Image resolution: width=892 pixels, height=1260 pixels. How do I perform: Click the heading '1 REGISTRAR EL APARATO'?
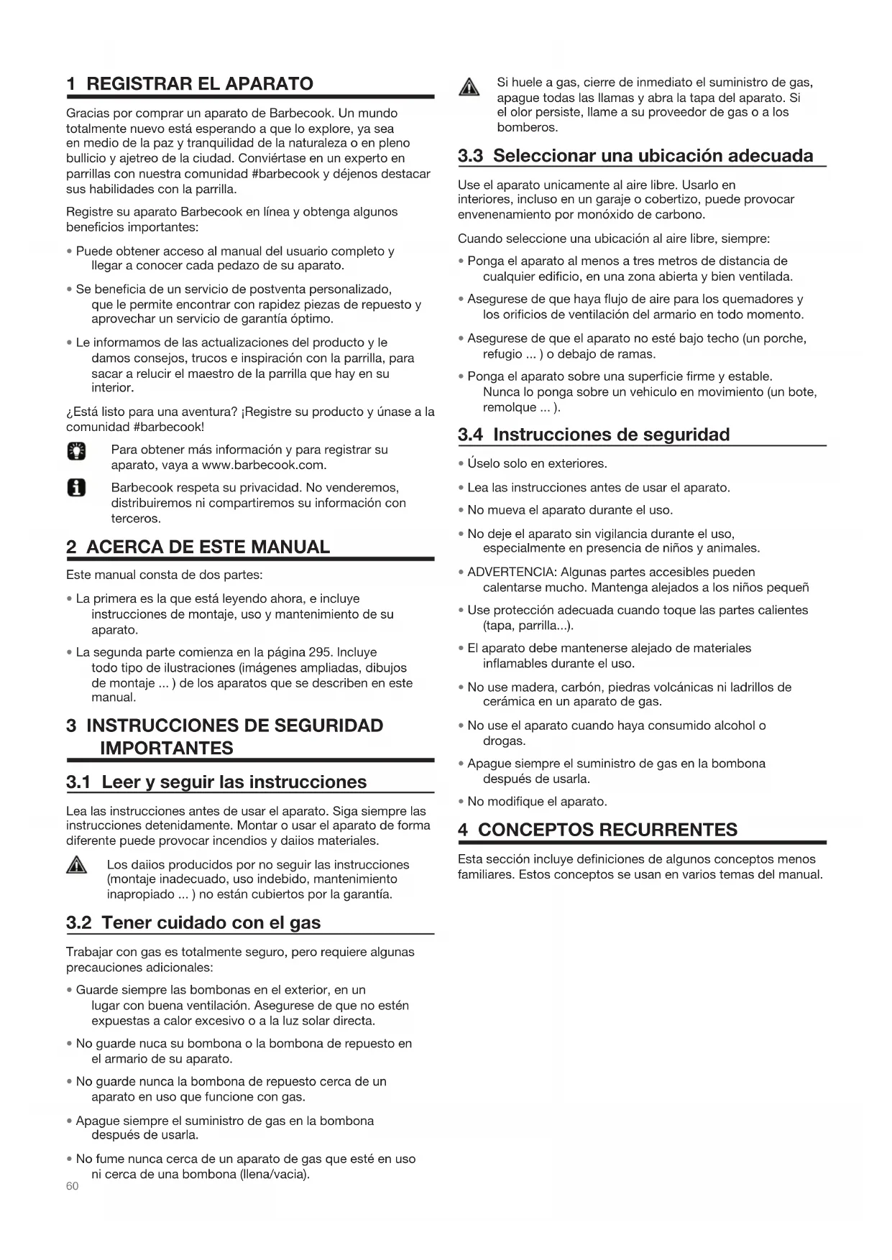(x=190, y=83)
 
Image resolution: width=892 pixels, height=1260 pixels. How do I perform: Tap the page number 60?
(x=72, y=1186)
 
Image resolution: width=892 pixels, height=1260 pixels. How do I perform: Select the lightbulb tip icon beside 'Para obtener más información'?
(x=76, y=450)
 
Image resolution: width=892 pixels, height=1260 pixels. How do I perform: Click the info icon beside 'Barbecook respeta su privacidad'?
(x=76, y=489)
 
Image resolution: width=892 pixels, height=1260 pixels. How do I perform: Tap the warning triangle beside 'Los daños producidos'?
(x=77, y=866)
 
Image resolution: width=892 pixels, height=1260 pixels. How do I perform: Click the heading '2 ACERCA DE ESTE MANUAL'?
(x=198, y=547)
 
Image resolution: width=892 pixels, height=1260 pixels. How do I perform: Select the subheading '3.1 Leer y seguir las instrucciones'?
(x=216, y=782)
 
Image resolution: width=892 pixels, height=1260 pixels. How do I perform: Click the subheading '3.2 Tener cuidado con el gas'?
(x=193, y=922)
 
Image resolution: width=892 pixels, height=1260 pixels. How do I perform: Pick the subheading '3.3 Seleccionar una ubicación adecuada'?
(x=635, y=155)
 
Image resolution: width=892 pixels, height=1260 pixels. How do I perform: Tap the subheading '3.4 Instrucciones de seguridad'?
(x=594, y=434)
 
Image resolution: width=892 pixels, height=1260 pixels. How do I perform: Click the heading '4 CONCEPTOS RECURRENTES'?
(x=598, y=830)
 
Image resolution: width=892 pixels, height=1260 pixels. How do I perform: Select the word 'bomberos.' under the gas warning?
(x=528, y=127)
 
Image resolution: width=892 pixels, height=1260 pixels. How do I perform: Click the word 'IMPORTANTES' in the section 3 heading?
(x=167, y=748)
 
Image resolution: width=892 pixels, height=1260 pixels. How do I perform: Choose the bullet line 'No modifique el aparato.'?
(x=537, y=801)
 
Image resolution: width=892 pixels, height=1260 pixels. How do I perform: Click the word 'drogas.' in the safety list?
(x=505, y=741)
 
